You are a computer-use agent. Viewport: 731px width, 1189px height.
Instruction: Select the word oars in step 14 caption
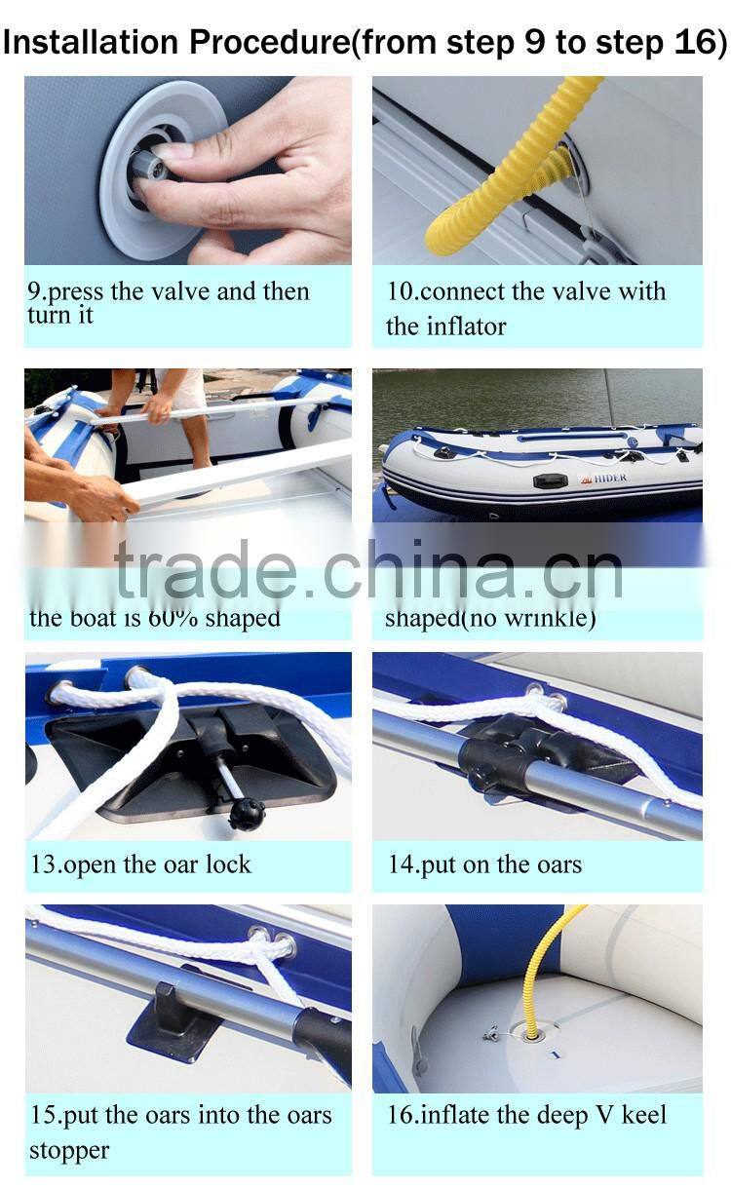[554, 864]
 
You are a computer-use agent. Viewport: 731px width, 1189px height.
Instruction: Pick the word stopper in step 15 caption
[68, 1150]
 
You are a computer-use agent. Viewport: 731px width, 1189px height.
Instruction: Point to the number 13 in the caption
[43, 864]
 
